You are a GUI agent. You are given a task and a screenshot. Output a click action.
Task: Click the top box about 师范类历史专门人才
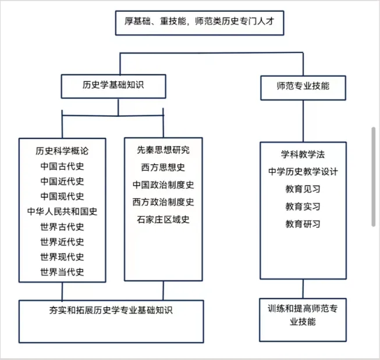[x=200, y=23]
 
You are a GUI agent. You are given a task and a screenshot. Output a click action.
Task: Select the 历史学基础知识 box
[x=113, y=86]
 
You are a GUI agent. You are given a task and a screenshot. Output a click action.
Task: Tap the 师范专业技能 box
[x=303, y=88]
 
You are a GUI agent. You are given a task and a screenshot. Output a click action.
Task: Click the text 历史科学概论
[x=62, y=151]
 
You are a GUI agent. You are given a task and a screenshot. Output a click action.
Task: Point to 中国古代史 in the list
[x=62, y=166]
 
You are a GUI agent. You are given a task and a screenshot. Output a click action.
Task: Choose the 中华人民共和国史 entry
[x=62, y=212]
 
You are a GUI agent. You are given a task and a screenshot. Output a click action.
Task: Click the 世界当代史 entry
[x=62, y=272]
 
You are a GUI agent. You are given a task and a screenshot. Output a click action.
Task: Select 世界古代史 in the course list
[x=62, y=227]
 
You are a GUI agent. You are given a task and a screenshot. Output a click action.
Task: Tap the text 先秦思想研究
[x=164, y=150]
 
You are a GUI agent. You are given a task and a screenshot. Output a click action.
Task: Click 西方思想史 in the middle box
[x=163, y=167]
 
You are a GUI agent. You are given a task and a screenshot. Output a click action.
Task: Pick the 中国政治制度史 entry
[x=164, y=185]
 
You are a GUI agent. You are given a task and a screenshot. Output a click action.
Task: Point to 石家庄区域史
[x=163, y=219]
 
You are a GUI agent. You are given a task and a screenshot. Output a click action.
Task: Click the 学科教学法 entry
[x=303, y=154]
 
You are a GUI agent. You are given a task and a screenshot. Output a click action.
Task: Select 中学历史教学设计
[x=303, y=172]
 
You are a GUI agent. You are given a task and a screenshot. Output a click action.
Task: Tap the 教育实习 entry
[x=303, y=206]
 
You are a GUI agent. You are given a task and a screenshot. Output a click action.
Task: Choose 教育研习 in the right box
[x=303, y=224]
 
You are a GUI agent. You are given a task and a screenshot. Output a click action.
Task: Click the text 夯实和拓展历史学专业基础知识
[x=111, y=310]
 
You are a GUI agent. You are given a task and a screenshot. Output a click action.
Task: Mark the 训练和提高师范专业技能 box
[x=303, y=320]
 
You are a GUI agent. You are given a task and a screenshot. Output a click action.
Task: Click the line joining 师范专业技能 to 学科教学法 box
[x=303, y=121]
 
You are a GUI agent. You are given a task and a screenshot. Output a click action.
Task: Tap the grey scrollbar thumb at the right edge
[x=374, y=177]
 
